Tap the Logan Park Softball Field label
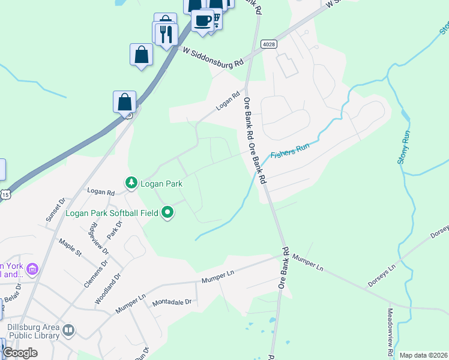[x=112, y=212]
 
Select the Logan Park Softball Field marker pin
[x=168, y=212]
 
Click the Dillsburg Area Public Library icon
[x=69, y=330]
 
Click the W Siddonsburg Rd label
[x=213, y=58]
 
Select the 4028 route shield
[x=268, y=44]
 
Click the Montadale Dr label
[x=171, y=302]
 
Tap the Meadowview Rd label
[x=390, y=329]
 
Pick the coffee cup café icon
[x=202, y=20]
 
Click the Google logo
[x=20, y=353]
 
